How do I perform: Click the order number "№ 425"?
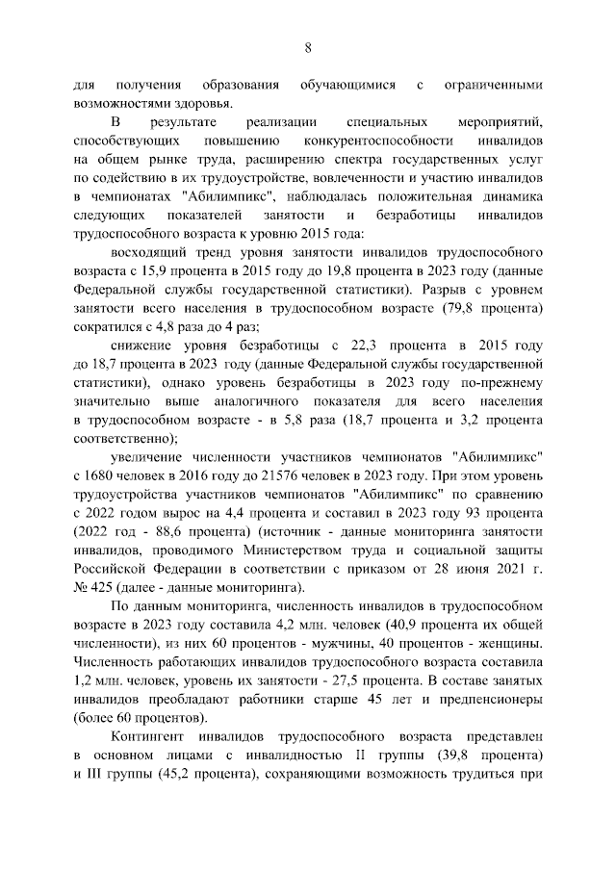[91, 586]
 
